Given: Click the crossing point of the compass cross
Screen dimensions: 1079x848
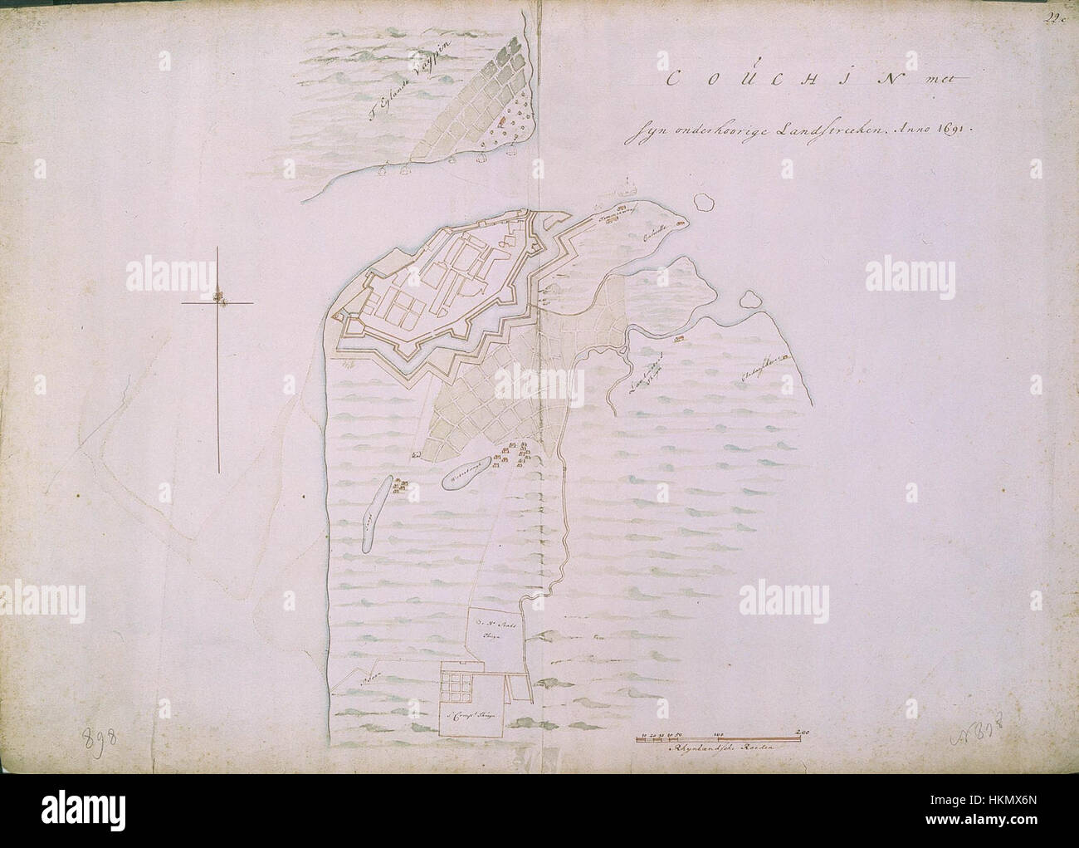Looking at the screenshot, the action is pos(218,303).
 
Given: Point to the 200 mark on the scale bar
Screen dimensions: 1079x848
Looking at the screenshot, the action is pos(803,732).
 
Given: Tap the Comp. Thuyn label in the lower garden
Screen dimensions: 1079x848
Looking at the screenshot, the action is pos(471,713).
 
